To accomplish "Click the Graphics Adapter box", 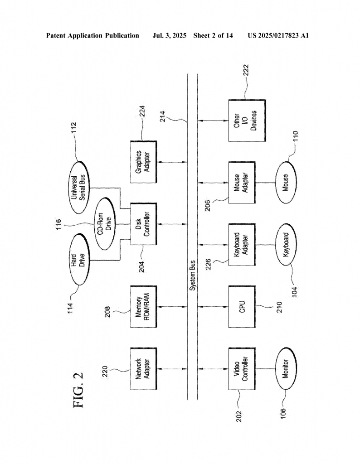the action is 144,162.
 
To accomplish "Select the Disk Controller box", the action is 144,224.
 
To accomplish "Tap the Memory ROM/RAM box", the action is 144,307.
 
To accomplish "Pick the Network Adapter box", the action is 144,369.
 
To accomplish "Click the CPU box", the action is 242,307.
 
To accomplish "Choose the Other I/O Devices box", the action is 247,121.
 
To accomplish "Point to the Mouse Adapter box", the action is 242,183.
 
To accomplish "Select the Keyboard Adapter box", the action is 242,245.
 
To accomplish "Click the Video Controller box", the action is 242,369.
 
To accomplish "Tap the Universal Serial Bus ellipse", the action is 79,188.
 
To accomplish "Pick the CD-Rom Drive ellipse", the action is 105,224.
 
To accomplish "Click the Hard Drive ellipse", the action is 79,260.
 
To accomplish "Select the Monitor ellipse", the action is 286,369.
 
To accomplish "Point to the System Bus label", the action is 192,275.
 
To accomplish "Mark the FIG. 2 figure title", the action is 78,390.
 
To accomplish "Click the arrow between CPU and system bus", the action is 208,307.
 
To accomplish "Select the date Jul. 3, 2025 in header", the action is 169,36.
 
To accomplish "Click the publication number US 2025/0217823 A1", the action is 278,36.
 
